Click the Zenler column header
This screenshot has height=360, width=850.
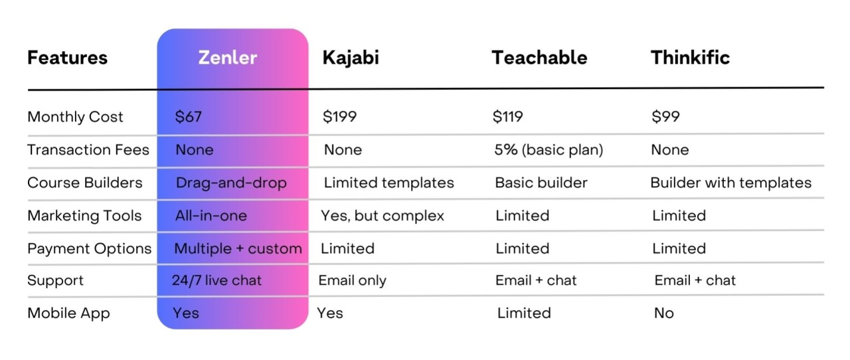(228, 58)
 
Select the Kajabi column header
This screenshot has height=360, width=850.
(351, 58)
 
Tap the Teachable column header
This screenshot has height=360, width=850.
(540, 58)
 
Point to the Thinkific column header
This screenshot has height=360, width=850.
(690, 58)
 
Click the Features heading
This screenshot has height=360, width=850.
(68, 58)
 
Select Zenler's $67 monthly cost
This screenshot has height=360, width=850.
(188, 116)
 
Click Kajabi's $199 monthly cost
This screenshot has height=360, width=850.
(339, 116)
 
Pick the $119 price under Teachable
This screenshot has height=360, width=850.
(508, 116)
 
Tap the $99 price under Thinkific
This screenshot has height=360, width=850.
(665, 116)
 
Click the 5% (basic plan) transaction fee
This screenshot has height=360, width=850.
(549, 149)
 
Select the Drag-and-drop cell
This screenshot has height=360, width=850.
(231, 183)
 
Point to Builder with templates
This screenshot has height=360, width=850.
(731, 183)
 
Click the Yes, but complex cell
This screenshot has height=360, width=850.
(382, 216)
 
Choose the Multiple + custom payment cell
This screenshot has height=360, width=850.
(238, 248)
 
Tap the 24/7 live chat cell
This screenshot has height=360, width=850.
(216, 280)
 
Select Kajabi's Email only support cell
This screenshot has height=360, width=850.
(352, 281)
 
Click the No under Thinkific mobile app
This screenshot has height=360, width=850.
(664, 314)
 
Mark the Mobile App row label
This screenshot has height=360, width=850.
(68, 314)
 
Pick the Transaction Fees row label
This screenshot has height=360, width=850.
(88, 149)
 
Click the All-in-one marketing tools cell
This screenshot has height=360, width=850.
(211, 216)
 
